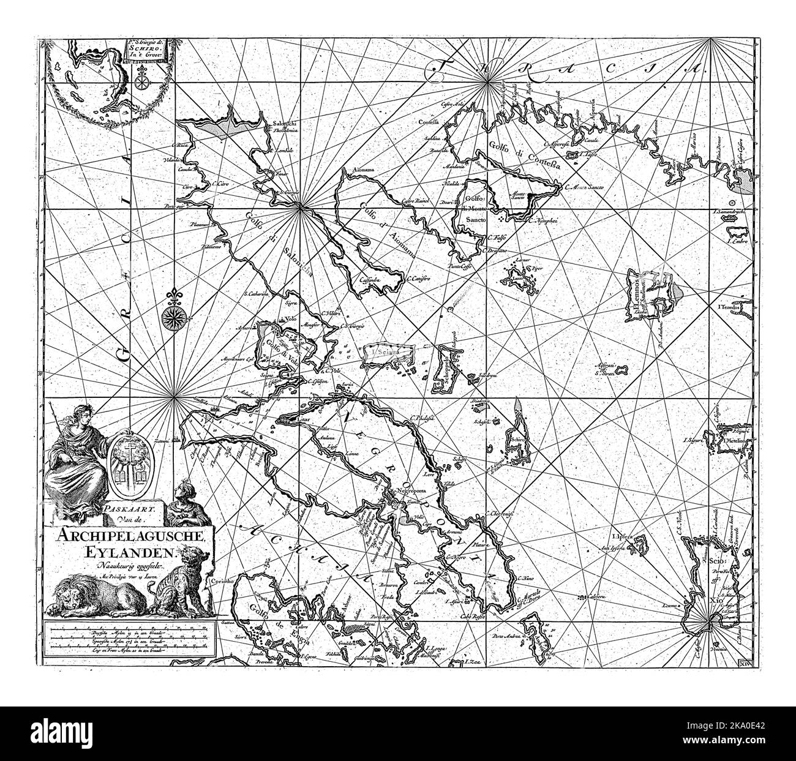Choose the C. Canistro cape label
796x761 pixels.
[419, 277]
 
